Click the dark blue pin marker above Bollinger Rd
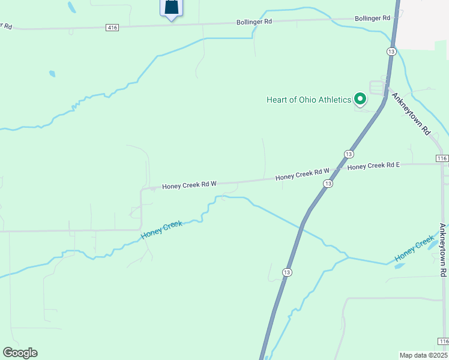172,7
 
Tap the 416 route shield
112,28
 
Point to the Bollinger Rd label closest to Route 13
373,19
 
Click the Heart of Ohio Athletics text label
309,100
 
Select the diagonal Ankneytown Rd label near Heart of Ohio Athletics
412,113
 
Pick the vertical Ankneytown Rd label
442,250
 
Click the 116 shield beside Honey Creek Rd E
442,158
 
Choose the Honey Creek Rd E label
373,166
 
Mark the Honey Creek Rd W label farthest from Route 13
188,185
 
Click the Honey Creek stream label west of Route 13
161,231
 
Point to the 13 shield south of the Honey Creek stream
288,272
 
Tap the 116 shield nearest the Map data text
443,341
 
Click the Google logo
20,353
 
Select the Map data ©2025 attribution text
423,355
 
